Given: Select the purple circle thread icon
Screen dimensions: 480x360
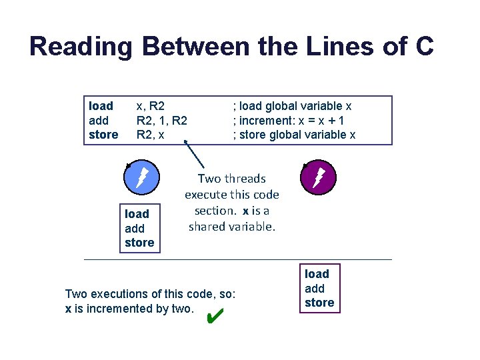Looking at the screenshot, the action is pyautogui.click(x=318, y=177).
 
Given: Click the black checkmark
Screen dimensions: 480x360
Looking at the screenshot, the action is pyautogui.click(x=215, y=314).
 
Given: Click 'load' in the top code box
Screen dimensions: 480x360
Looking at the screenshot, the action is pyautogui.click(x=101, y=106).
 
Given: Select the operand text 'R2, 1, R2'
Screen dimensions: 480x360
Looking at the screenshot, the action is pyautogui.click(x=161, y=121).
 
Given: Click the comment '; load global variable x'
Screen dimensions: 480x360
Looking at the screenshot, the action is pyautogui.click(x=292, y=106).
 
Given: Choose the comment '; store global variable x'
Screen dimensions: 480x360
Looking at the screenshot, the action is pyautogui.click(x=294, y=135).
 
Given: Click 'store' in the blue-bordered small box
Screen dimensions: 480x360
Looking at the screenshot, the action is pyautogui.click(x=139, y=243).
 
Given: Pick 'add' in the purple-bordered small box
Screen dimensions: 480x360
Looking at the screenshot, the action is pyautogui.click(x=315, y=288).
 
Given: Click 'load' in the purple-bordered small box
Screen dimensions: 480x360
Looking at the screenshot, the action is pyautogui.click(x=317, y=274).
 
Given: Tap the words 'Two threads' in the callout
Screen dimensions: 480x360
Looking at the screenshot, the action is pyautogui.click(x=232, y=179).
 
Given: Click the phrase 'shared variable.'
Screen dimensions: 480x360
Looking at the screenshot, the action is pyautogui.click(x=232, y=227).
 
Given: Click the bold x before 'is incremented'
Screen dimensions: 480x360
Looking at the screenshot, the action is pyautogui.click(x=68, y=309).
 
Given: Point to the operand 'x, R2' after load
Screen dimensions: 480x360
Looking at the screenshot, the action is pyautogui.click(x=151, y=106).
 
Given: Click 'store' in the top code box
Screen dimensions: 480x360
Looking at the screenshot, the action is pyautogui.click(x=103, y=135).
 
